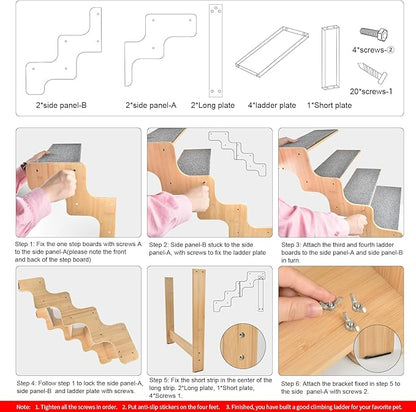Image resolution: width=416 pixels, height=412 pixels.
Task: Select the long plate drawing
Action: click(215, 49)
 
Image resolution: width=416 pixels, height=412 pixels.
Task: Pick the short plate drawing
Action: click(330, 54)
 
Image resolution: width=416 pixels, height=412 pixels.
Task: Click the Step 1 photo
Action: click(78, 182)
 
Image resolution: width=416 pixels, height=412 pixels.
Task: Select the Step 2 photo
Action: click(208, 182)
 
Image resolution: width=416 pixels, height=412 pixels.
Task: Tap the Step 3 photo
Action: click(338, 182)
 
